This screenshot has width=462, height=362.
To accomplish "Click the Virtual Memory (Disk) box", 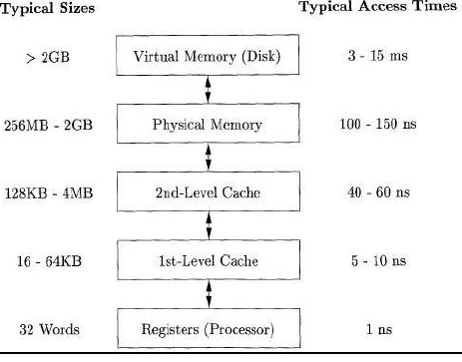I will [207, 57].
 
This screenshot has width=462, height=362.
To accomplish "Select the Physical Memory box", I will [207, 125].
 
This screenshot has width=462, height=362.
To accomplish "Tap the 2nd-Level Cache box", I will [207, 192].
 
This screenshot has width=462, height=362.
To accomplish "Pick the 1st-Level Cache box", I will [207, 260].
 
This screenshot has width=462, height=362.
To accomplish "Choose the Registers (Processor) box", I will [207, 328].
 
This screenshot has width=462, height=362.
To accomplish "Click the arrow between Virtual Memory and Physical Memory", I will [207, 91].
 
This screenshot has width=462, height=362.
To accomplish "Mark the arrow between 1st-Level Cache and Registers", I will [207, 294].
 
